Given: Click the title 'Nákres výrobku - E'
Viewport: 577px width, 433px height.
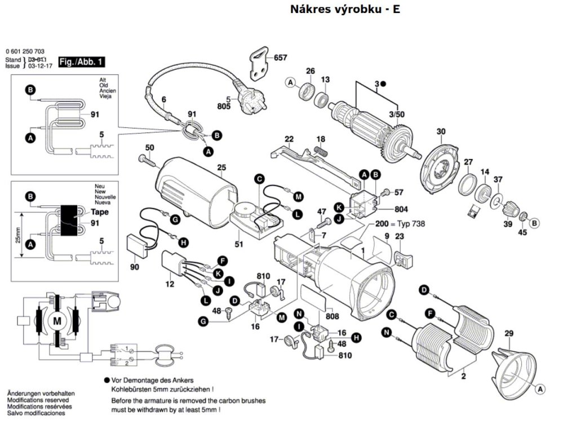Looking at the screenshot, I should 345,10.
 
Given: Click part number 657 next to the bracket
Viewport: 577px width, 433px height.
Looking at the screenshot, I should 281,58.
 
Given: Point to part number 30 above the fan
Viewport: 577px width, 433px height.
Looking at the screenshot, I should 441,131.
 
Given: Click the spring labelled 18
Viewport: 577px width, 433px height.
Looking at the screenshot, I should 321,151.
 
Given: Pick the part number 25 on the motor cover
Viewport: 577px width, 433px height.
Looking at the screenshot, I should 221,167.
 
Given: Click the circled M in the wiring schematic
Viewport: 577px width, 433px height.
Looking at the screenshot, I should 56,321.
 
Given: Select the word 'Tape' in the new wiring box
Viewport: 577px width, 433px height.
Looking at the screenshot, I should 99,213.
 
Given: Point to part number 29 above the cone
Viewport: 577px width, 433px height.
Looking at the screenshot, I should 508,334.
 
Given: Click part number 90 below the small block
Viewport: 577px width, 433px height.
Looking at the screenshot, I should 134,266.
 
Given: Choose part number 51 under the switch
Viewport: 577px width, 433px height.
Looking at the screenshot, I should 238,244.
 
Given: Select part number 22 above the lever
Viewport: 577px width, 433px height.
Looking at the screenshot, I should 289,139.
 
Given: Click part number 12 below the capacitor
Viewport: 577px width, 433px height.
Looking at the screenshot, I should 170,285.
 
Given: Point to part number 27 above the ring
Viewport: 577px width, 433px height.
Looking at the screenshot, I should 468,162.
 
